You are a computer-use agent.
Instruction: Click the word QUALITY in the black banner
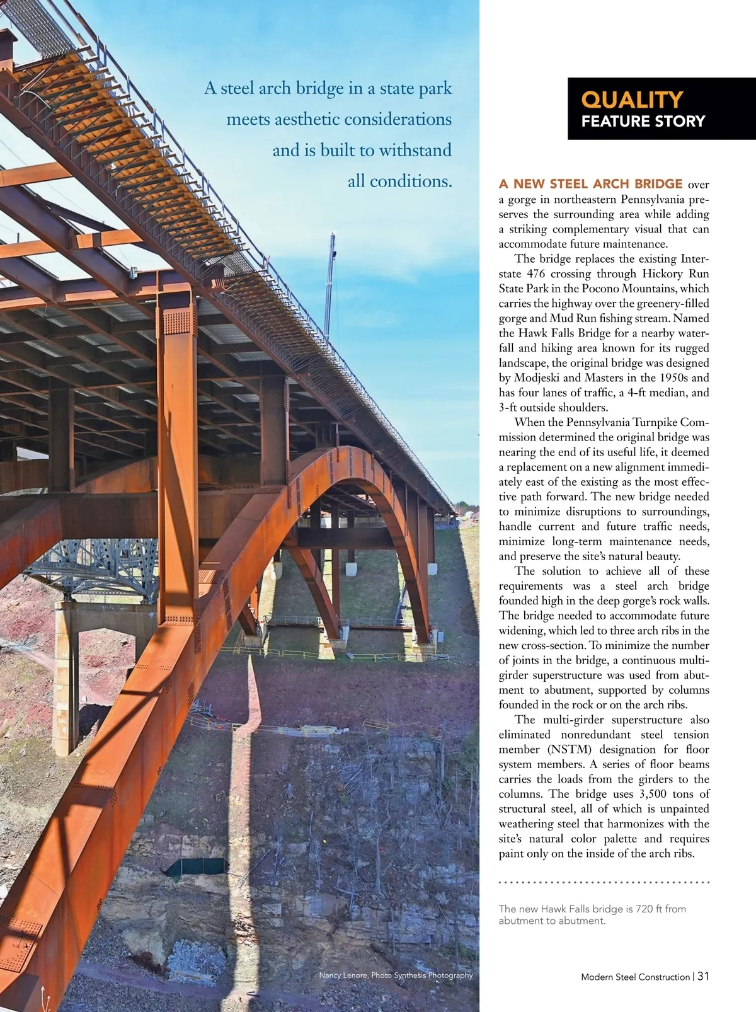coord(631,100)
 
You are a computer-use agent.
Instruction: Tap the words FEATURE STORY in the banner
coord(643,122)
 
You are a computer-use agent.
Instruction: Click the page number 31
coord(704,976)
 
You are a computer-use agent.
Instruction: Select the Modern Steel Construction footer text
coord(635,977)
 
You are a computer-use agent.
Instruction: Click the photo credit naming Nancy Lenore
coord(396,975)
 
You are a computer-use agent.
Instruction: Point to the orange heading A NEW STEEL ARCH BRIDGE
coord(590,184)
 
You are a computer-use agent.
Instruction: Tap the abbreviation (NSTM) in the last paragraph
coord(570,750)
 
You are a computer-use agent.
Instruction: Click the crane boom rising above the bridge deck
coord(329,284)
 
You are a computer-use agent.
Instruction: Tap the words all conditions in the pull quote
coord(400,181)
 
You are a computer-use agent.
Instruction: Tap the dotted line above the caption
coord(604,883)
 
